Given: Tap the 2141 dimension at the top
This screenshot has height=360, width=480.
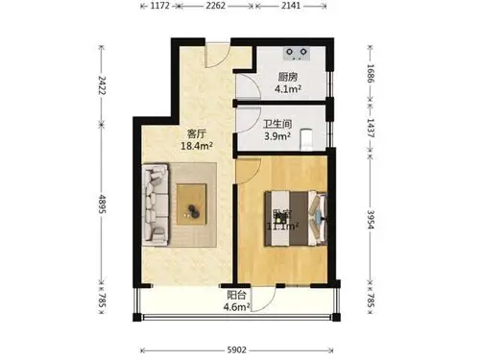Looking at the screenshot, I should coord(293,6).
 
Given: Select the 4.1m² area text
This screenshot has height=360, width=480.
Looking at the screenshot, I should coord(289,91).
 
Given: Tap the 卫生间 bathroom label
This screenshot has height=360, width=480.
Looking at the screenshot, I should coord(279,123).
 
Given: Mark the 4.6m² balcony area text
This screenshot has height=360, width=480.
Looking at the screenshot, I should coord(236,307).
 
